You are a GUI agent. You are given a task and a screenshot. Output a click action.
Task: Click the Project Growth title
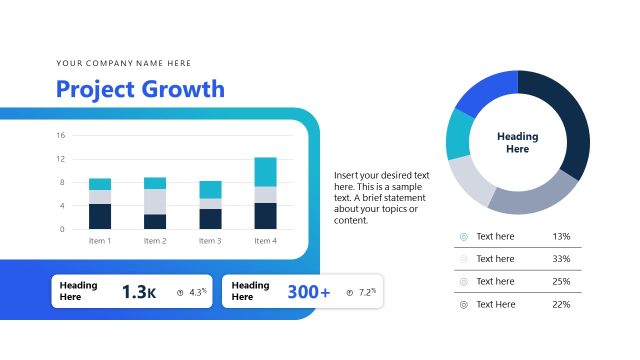[x=140, y=90]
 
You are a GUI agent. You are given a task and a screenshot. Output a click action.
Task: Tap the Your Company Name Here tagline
[x=124, y=62]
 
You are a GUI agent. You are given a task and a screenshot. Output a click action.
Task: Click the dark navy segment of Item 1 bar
[x=100, y=216]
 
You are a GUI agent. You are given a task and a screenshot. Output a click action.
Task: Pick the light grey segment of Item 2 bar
[x=155, y=201]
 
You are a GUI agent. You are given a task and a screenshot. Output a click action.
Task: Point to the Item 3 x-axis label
[x=210, y=241]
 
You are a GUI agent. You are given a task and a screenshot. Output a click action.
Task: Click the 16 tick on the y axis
[x=61, y=135]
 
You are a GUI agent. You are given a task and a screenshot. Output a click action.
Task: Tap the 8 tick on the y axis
[x=61, y=182]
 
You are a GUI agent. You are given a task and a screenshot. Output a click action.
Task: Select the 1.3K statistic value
[x=139, y=292]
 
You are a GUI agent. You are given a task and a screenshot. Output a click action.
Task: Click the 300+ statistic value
[x=308, y=292]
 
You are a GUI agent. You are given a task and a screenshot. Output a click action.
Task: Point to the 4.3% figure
[x=196, y=292]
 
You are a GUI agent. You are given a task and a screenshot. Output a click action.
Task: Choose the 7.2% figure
[x=366, y=292]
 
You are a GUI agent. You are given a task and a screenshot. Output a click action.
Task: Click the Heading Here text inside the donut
[x=517, y=143]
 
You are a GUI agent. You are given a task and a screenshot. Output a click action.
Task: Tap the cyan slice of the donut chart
[x=460, y=133]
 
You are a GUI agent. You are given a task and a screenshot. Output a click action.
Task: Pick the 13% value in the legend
[x=560, y=237]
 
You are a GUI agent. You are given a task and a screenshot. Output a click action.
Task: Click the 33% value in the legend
[x=560, y=259]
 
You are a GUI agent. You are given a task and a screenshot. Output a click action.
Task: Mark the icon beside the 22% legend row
[x=463, y=304]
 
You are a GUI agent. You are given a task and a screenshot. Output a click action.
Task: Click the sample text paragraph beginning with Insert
[x=382, y=197]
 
